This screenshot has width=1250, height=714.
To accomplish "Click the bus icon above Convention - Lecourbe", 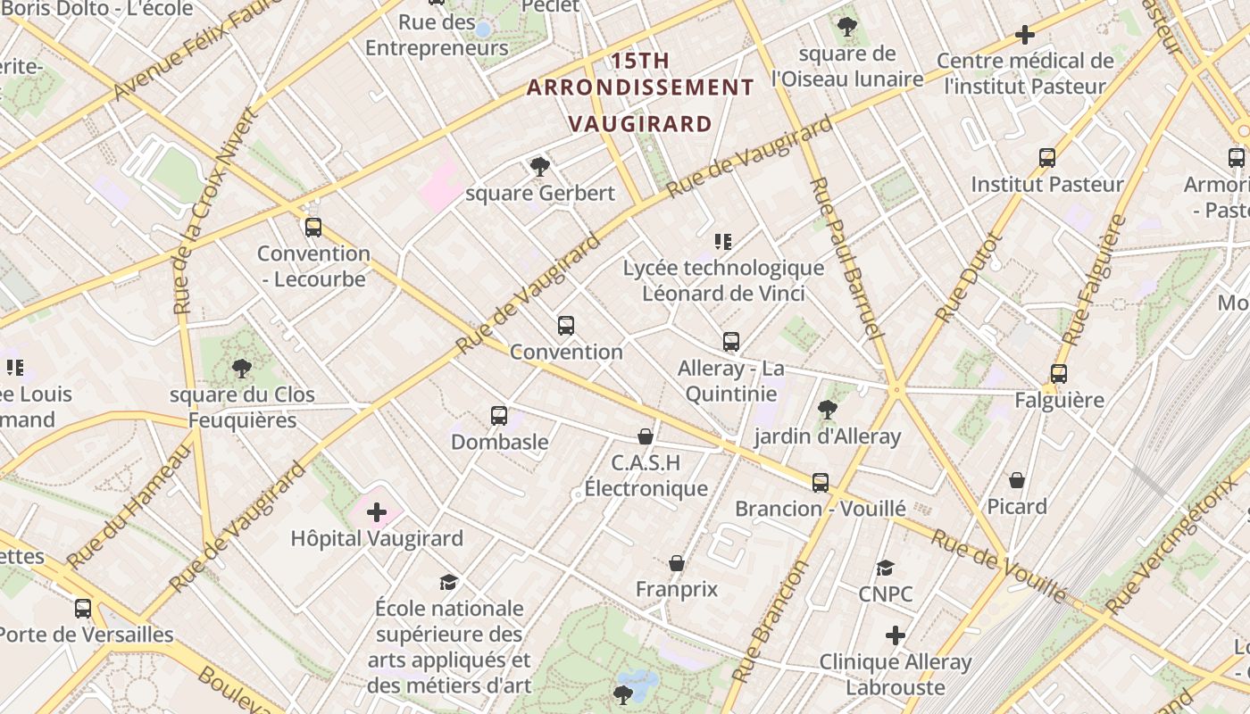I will (x=312, y=227).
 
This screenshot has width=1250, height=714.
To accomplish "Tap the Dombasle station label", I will (x=499, y=442).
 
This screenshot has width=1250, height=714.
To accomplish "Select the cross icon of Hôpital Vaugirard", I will (x=377, y=512).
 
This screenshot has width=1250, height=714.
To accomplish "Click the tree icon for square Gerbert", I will (x=539, y=166).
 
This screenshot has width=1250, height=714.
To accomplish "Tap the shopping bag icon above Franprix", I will (x=677, y=563).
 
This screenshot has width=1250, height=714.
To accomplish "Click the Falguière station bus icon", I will (x=1059, y=374).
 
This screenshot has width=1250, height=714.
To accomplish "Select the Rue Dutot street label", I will (x=971, y=278).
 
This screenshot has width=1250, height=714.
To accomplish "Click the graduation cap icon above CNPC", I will (x=885, y=568).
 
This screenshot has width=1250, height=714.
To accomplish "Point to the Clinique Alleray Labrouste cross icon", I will (x=896, y=635).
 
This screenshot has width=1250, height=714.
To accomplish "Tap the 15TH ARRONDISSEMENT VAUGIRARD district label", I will (x=640, y=92).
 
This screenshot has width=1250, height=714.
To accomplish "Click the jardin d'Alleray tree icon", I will (x=827, y=410).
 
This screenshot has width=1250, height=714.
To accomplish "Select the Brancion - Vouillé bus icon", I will (x=821, y=483).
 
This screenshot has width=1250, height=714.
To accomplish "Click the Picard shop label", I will (x=1016, y=507).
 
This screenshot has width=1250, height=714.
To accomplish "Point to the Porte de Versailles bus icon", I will (x=83, y=609).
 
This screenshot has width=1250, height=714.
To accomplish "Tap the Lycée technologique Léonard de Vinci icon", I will (x=723, y=241).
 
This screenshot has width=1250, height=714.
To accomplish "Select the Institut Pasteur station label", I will (x=1046, y=185).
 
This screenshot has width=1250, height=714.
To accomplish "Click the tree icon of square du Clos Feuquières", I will (x=241, y=368).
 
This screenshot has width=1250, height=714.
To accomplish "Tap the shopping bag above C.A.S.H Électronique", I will (x=646, y=436).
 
